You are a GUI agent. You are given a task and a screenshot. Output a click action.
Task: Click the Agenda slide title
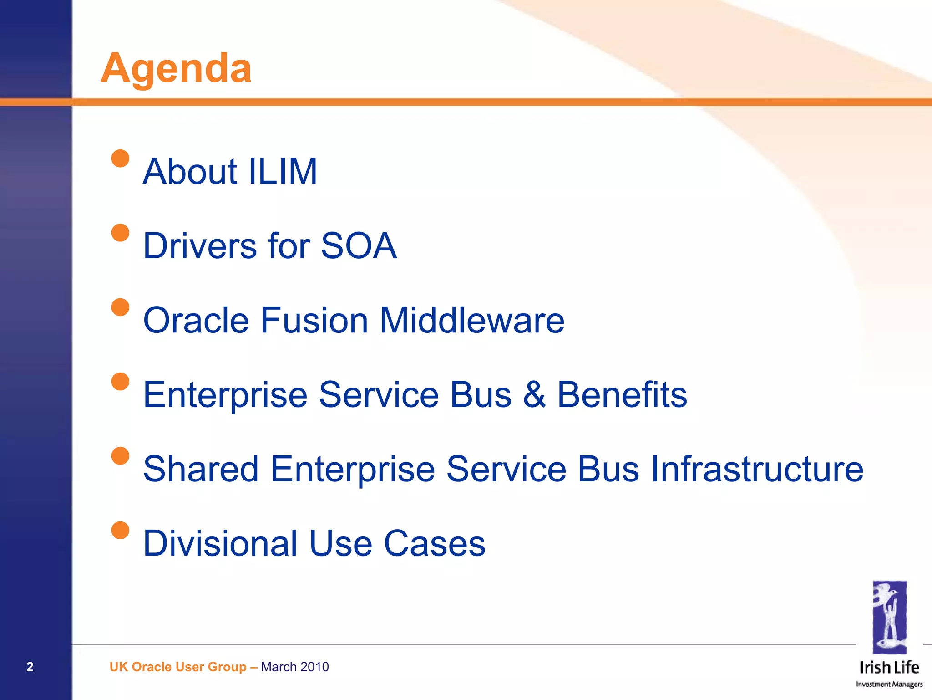pyautogui.click(x=176, y=68)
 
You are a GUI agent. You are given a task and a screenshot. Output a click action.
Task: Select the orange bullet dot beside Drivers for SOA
pyautogui.click(x=120, y=233)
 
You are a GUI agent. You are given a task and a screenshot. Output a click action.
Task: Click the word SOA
pyautogui.click(x=359, y=246)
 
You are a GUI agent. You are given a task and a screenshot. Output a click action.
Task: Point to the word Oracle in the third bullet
pyautogui.click(x=196, y=320)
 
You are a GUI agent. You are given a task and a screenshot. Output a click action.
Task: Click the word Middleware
pyautogui.click(x=472, y=320)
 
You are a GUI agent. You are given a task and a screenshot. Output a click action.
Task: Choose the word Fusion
pyautogui.click(x=314, y=320)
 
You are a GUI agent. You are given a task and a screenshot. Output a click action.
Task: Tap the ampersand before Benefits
pyautogui.click(x=534, y=394)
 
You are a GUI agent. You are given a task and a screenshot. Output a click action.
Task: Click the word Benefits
pyautogui.click(x=622, y=394)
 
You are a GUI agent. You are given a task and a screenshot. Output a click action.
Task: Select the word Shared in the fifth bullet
pyautogui.click(x=201, y=469)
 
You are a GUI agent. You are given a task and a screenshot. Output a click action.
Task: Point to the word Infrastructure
pyautogui.click(x=757, y=469)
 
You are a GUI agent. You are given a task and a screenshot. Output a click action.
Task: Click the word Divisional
pyautogui.click(x=220, y=543)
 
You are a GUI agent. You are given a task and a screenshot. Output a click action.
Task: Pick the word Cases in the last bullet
pyautogui.click(x=435, y=543)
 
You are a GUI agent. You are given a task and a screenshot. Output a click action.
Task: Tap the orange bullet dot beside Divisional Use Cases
pyautogui.click(x=120, y=530)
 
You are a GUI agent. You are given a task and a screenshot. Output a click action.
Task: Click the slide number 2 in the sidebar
pyautogui.click(x=30, y=667)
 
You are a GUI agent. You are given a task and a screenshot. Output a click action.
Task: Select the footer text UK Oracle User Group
pyautogui.click(x=177, y=667)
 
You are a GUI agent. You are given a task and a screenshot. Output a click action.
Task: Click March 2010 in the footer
pyautogui.click(x=295, y=667)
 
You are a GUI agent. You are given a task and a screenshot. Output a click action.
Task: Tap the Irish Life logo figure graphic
pyautogui.click(x=890, y=617)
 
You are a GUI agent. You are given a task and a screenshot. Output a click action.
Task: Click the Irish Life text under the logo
pyautogui.click(x=889, y=668)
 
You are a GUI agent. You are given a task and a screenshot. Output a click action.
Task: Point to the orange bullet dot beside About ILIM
pyautogui.click(x=120, y=158)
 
